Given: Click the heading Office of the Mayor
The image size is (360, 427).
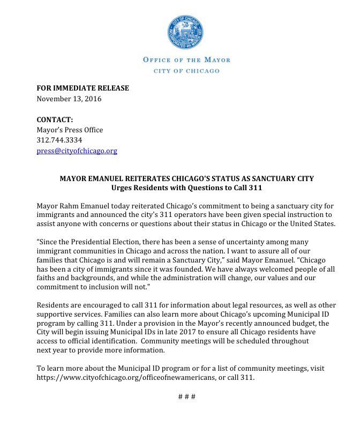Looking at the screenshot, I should point(186,59).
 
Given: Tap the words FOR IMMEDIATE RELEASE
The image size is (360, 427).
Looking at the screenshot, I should point(82,88).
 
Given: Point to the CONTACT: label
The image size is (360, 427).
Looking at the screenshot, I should point(55,119).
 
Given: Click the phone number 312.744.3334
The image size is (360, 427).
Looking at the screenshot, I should point(59,140).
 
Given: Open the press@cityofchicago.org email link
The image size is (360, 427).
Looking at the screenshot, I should point(77,151).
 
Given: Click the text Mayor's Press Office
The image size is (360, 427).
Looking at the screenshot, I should point(70,130).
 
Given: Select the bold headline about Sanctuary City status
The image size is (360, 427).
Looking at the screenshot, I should point(186,178).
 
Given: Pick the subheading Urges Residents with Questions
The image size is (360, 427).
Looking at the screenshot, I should point(186,188).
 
